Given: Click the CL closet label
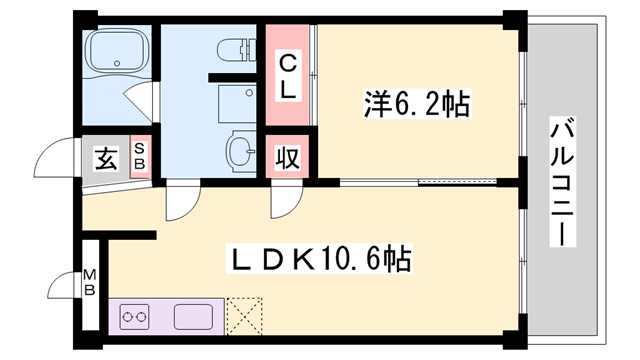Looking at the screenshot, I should (x=286, y=77).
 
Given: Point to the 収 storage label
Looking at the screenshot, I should (x=286, y=158).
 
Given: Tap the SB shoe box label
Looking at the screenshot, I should (x=139, y=157).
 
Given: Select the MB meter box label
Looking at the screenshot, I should (x=90, y=281).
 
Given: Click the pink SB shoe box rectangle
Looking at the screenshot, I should (x=140, y=157).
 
